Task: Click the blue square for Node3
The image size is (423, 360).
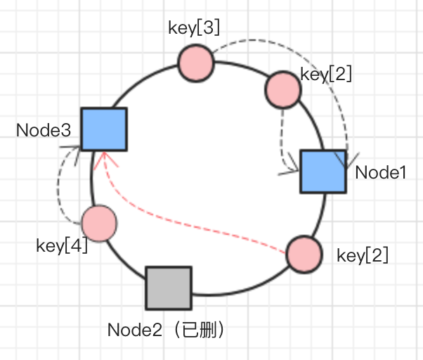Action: (103, 129)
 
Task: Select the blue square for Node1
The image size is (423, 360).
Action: (323, 171)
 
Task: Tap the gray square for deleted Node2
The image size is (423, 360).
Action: (169, 288)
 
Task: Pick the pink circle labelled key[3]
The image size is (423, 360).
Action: (195, 63)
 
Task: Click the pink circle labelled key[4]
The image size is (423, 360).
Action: (99, 224)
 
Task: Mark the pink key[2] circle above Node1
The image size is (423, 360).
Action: (282, 89)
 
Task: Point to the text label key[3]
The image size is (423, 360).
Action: (195, 28)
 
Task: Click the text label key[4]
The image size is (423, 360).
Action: (61, 247)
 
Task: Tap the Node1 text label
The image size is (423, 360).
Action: (381, 172)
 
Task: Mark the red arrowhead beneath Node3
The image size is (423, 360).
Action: (103, 156)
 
